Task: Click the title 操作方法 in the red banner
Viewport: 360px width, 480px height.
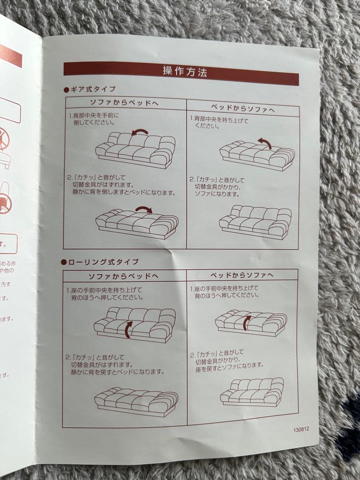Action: coord(184,72)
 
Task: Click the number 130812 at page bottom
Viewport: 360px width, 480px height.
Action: coord(301,430)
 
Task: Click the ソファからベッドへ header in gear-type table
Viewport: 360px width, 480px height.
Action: coord(125,103)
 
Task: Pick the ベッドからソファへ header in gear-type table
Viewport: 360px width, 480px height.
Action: coord(243,108)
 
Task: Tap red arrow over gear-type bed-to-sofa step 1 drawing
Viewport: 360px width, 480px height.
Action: coord(265,142)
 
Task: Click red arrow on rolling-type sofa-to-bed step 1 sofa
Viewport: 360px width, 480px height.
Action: coord(128,329)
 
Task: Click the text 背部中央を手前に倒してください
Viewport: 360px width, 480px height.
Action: coord(96,119)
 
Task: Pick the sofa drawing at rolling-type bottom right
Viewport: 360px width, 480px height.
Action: coord(253,391)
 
